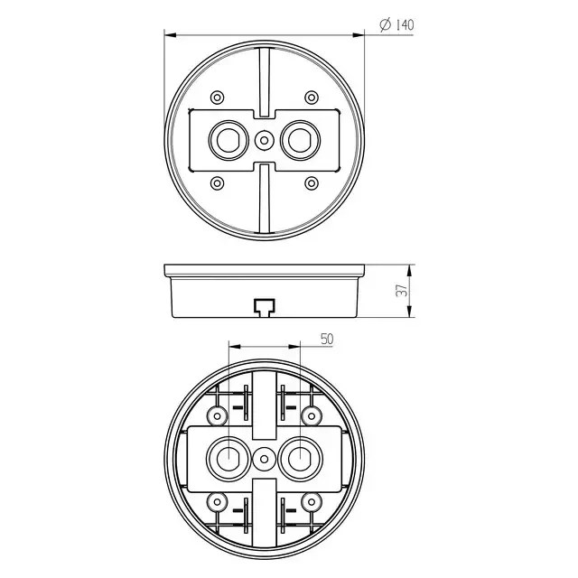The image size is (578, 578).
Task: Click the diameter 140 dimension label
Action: click(x=396, y=24)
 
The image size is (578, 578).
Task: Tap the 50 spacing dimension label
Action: click(x=327, y=340)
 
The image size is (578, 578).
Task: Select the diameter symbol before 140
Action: click(x=385, y=24)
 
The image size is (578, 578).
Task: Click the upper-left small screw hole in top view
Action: click(x=217, y=98)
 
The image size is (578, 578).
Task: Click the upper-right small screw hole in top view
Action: click(x=312, y=98)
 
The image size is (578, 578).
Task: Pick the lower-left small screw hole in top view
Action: click(x=217, y=182)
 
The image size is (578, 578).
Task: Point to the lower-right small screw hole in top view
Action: click(x=312, y=182)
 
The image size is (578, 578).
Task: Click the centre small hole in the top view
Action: click(x=264, y=140)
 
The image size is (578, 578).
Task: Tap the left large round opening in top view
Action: click(x=228, y=140)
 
